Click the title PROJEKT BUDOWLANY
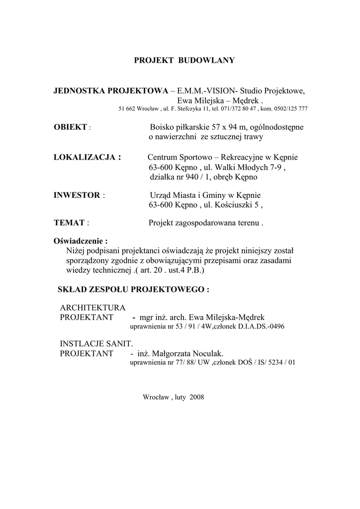184,61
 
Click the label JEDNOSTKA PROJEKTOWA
111,91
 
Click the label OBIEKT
70,127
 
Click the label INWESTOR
77,195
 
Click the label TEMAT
69,223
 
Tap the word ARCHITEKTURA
92,308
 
